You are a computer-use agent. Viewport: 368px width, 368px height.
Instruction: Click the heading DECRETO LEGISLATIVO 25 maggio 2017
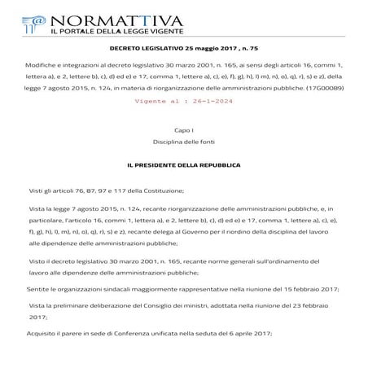173,50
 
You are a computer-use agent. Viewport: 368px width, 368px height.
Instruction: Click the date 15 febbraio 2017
310,289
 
